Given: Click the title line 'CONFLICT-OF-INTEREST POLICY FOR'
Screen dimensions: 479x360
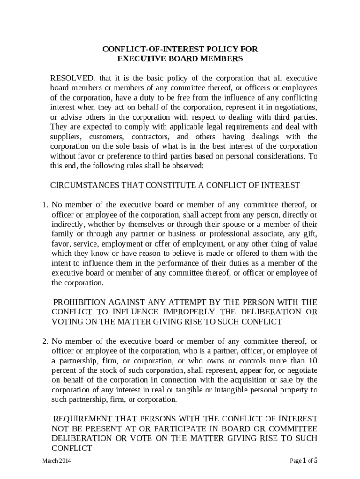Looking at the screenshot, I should point(180,49).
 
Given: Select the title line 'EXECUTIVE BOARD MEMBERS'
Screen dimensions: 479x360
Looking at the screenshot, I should point(180,59).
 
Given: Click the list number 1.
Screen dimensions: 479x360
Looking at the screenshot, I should point(45,204).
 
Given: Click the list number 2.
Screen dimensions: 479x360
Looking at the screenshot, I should point(45,341).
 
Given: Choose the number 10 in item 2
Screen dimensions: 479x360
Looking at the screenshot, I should point(313,361).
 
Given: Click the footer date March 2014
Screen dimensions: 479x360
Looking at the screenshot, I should point(57,461).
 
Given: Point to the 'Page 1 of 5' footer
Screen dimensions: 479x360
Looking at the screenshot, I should point(303,461).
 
